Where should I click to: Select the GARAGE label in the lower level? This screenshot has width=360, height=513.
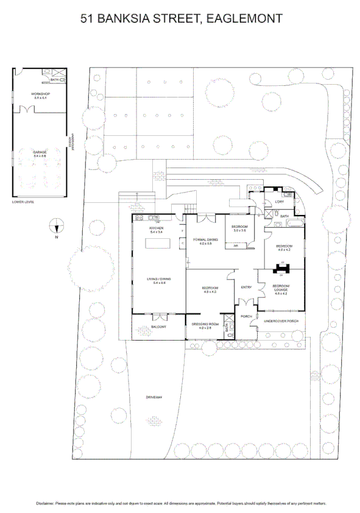(x=40, y=154)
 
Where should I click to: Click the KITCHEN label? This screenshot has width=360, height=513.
(x=157, y=229)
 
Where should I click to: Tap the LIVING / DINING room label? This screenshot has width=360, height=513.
(x=157, y=279)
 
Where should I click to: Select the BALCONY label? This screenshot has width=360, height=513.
(x=158, y=327)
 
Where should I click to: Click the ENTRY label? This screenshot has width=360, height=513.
(x=246, y=287)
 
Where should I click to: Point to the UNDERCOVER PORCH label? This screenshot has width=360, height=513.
(x=281, y=320)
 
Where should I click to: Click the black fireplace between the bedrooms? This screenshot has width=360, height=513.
(x=281, y=267)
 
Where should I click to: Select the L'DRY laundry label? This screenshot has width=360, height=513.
(x=280, y=202)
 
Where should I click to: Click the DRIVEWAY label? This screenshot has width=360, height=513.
(x=154, y=397)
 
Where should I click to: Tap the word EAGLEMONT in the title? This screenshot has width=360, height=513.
(x=244, y=19)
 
